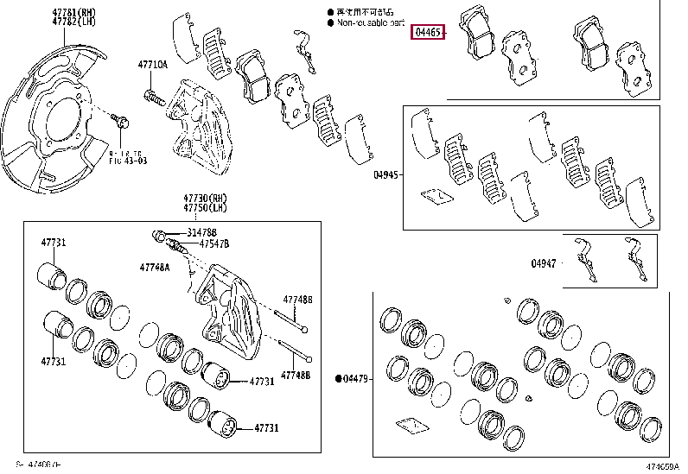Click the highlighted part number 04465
pos(429,33)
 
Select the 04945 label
pos(386,174)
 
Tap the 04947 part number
pos(545,263)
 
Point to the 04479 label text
pos(356,378)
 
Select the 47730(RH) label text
pos(200,199)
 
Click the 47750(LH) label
pos(200,208)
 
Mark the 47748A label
pos(156,267)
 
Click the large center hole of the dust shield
pos(65,120)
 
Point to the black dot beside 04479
pos(339,378)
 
